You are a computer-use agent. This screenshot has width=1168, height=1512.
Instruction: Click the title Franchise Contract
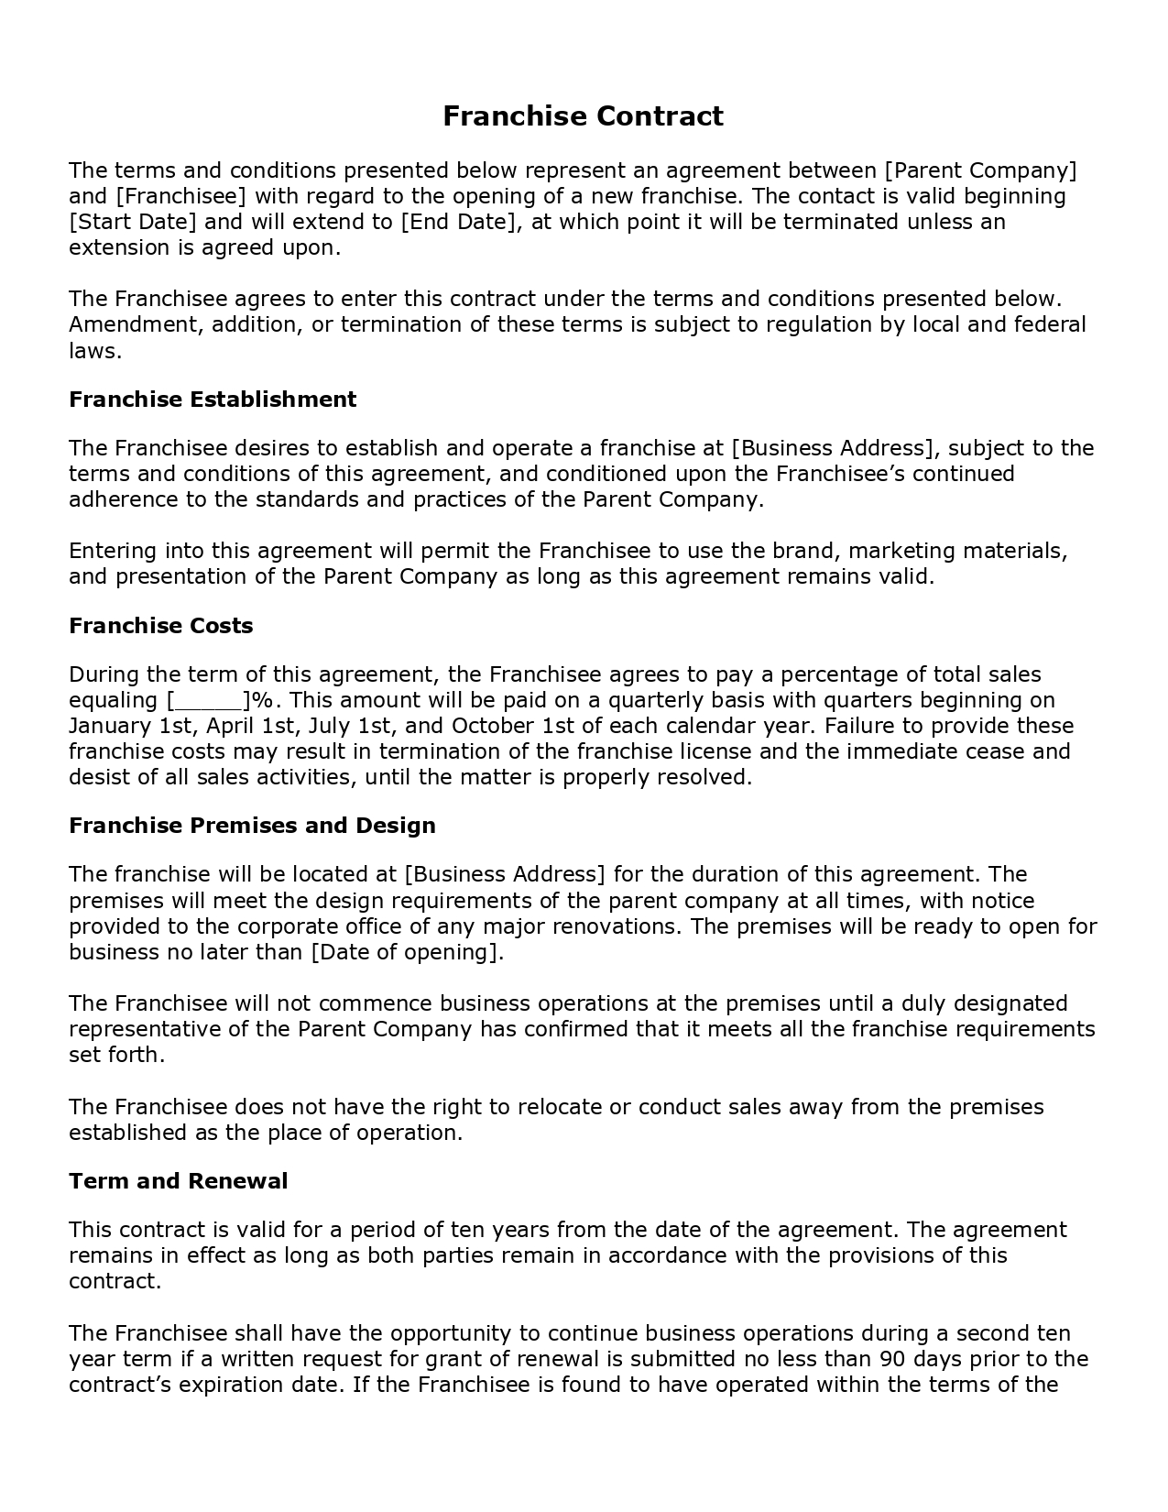pos(583,116)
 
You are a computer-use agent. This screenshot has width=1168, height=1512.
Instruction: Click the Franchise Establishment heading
pos(213,400)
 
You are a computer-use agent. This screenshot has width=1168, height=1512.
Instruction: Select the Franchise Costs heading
pos(160,626)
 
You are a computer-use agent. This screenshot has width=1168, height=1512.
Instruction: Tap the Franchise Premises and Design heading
pos(252,826)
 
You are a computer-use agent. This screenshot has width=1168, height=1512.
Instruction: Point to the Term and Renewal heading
pos(178,1181)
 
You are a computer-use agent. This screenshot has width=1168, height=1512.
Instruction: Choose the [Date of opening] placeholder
pos(408,952)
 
